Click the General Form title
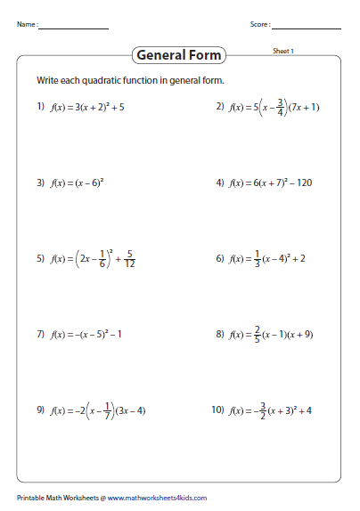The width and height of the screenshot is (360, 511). click(179, 55)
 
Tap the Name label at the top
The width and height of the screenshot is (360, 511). click(26, 24)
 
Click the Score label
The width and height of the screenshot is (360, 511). click(260, 24)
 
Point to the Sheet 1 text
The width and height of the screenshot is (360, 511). click(283, 51)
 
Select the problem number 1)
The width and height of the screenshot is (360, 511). click(41, 107)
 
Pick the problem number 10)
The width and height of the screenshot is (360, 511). click(218, 410)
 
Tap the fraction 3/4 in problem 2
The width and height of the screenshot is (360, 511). click(281, 106)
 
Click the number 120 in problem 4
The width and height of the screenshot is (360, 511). click(304, 183)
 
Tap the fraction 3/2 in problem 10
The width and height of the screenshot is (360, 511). click(265, 410)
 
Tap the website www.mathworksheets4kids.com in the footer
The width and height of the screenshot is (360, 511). click(159, 498)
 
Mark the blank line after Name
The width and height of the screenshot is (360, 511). click(72, 28)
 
